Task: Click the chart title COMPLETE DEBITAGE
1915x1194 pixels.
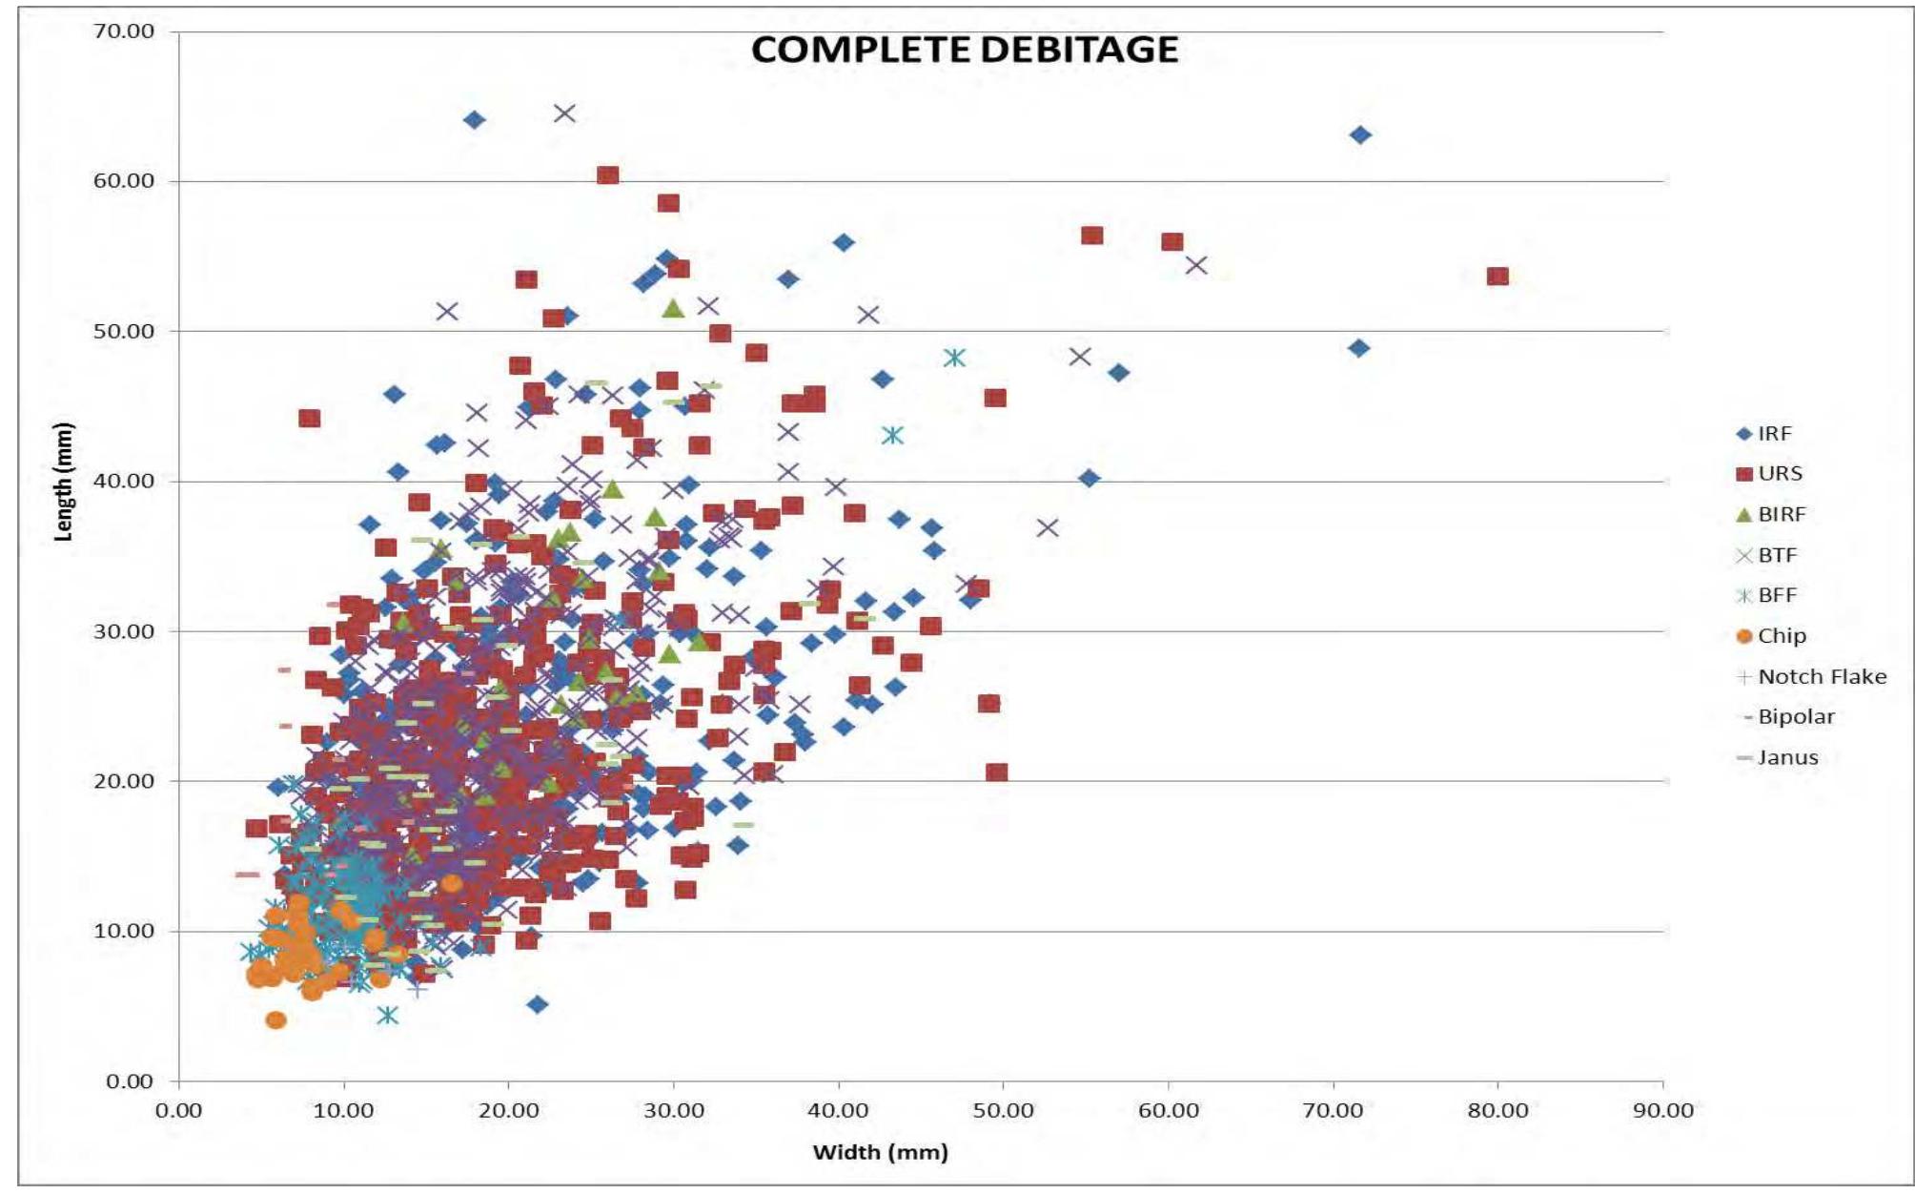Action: click(964, 50)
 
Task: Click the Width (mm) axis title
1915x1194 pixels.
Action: click(880, 1152)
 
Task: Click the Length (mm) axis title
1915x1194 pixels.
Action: click(63, 482)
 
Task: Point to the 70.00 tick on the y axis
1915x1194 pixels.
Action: click(124, 31)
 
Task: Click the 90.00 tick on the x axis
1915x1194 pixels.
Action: click(1663, 1111)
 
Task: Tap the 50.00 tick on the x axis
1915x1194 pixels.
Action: click(1003, 1111)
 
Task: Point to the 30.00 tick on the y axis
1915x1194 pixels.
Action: click(124, 631)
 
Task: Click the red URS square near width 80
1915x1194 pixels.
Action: click(1497, 277)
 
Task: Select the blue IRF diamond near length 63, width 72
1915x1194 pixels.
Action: click(1361, 135)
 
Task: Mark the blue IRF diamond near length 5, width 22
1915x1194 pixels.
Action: click(538, 1004)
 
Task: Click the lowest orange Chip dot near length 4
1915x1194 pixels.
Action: click(276, 1020)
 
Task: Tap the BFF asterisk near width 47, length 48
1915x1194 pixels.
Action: click(954, 358)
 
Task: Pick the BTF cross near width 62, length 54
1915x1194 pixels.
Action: click(1196, 265)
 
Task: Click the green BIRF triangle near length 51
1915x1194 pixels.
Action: click(674, 309)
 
